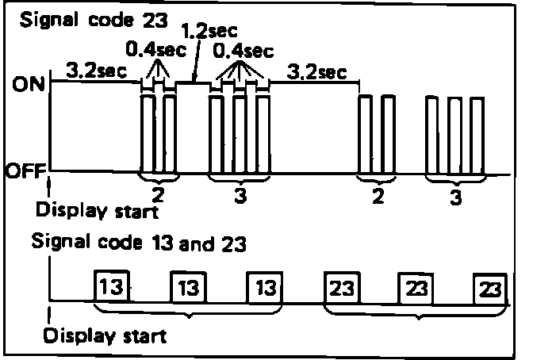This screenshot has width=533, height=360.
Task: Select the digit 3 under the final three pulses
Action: click(454, 198)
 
